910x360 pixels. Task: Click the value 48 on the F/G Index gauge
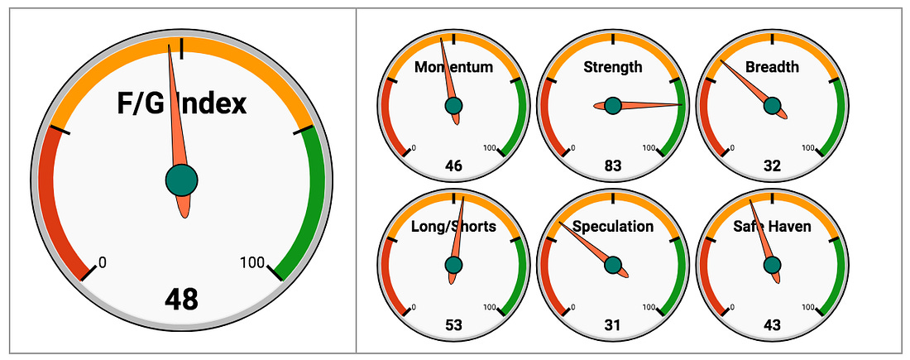click(182, 300)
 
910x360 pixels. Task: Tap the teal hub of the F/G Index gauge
click(182, 180)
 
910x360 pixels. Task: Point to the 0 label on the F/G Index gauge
click(103, 263)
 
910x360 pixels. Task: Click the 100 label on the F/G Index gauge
click(252, 263)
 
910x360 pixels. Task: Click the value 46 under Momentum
click(454, 166)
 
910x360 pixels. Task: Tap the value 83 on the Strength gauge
click(613, 166)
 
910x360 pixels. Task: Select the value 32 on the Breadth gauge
click(772, 166)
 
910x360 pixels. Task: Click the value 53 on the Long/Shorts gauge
click(454, 325)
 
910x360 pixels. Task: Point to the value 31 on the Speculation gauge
click(613, 325)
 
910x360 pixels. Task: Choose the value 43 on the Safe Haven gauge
click(772, 325)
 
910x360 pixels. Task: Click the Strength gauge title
click(613, 67)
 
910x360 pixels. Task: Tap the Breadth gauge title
click(772, 67)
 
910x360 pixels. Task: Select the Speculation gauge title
click(613, 227)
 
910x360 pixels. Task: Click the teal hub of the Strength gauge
click(613, 106)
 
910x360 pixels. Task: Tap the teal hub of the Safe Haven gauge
click(772, 265)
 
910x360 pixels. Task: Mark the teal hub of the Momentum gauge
click(454, 106)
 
